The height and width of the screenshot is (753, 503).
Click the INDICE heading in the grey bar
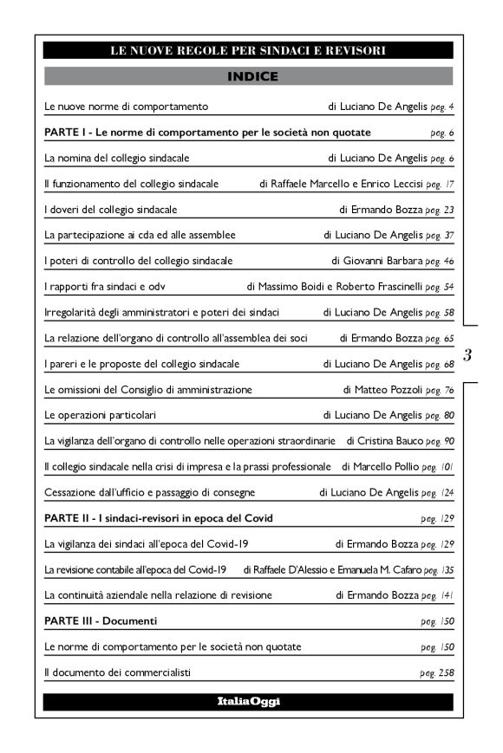(x=252, y=77)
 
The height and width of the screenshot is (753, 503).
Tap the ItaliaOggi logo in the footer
(x=248, y=701)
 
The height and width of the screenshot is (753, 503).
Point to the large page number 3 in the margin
(x=468, y=354)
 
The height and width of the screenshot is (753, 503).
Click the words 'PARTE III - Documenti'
(x=101, y=621)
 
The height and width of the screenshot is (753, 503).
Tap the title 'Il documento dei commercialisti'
(x=117, y=672)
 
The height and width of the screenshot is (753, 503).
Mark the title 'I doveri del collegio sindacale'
(x=110, y=210)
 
